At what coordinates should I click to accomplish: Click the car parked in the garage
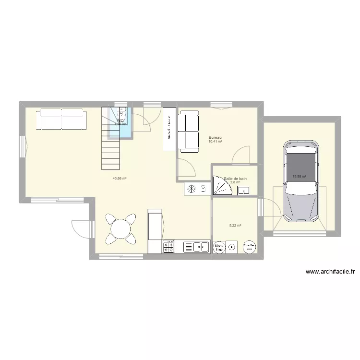[x=300, y=181]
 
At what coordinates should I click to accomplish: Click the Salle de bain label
[x=235, y=178]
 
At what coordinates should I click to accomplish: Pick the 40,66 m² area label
[x=119, y=178]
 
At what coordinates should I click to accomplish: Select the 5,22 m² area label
[x=235, y=225]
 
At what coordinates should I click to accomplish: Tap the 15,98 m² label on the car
[x=299, y=176]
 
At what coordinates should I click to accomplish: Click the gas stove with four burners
[x=169, y=247]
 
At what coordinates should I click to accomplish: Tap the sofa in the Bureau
[x=188, y=131]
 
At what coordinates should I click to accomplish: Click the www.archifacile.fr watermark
[x=330, y=272]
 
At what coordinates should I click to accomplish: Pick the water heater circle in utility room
[x=249, y=247]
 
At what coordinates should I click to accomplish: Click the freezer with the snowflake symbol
[x=191, y=189]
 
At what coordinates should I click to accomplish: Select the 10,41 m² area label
[x=215, y=142]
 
